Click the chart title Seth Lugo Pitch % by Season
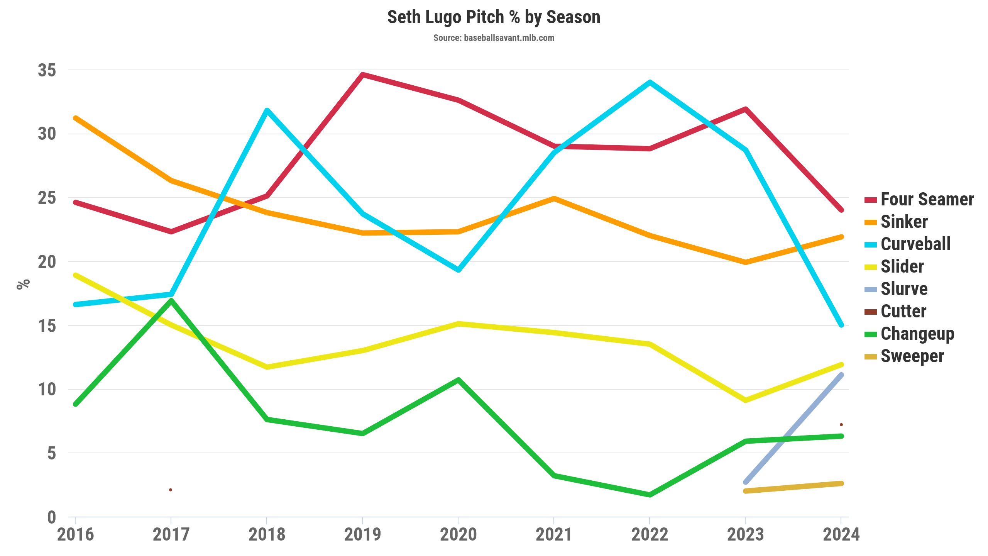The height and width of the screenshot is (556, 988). [494, 17]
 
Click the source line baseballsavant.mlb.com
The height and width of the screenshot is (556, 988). [494, 38]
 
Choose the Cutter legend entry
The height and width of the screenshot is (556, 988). [903, 311]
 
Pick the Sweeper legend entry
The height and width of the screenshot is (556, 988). [912, 356]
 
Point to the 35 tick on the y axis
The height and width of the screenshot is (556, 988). [47, 70]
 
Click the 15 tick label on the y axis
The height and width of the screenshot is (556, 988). [47, 326]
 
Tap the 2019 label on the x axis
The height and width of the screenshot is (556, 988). [362, 534]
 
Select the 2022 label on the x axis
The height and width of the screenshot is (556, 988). [650, 534]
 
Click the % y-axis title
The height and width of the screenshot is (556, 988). [23, 284]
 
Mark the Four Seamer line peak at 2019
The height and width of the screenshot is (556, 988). [362, 75]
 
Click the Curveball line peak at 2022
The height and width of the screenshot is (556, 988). [650, 82]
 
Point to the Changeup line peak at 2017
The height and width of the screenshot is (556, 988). [171, 300]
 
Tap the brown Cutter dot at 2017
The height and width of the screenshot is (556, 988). [171, 490]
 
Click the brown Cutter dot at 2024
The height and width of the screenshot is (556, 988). [841, 425]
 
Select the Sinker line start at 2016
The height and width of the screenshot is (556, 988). [76, 118]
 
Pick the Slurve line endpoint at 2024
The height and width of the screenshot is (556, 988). [841, 375]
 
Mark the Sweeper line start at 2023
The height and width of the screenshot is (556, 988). [746, 491]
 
